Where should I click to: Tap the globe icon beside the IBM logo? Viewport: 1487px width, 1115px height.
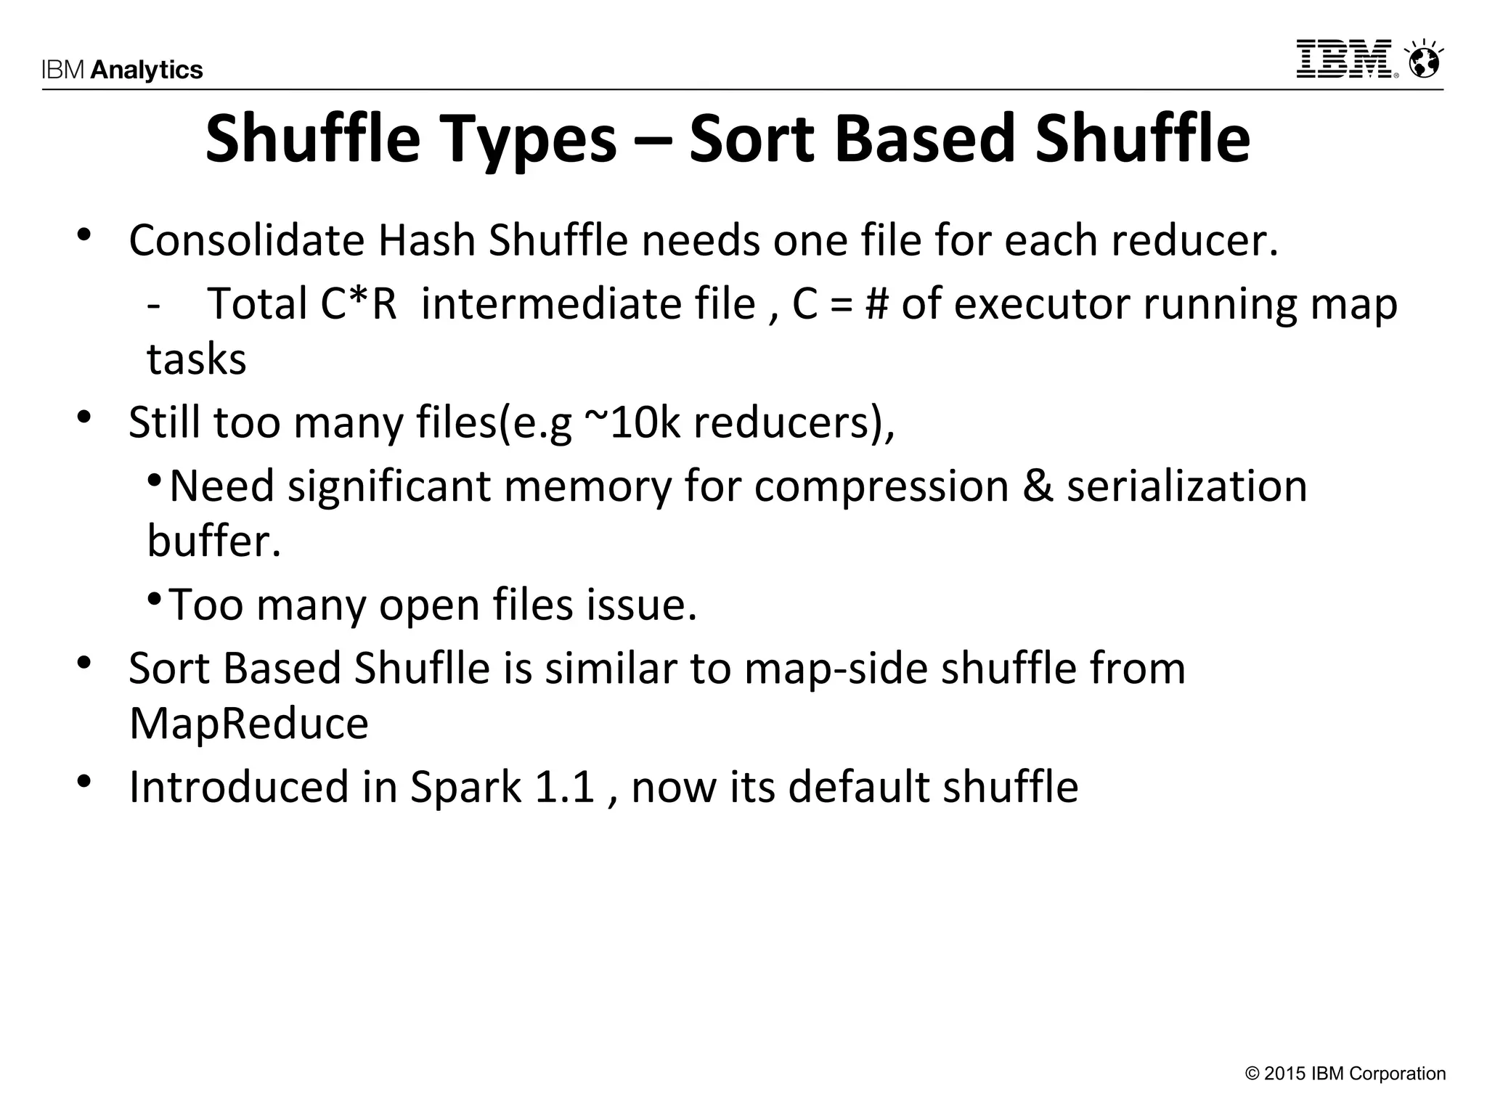point(1425,60)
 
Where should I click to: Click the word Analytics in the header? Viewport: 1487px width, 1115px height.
point(147,70)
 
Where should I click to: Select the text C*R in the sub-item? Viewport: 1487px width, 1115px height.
point(359,303)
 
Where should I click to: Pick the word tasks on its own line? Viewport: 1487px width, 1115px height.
point(197,359)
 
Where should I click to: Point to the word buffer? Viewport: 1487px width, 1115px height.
point(213,541)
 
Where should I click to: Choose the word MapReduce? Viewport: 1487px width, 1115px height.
point(249,723)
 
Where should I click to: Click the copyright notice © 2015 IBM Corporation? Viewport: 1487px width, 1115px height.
point(1345,1074)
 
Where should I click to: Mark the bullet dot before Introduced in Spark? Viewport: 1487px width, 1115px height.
point(85,782)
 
